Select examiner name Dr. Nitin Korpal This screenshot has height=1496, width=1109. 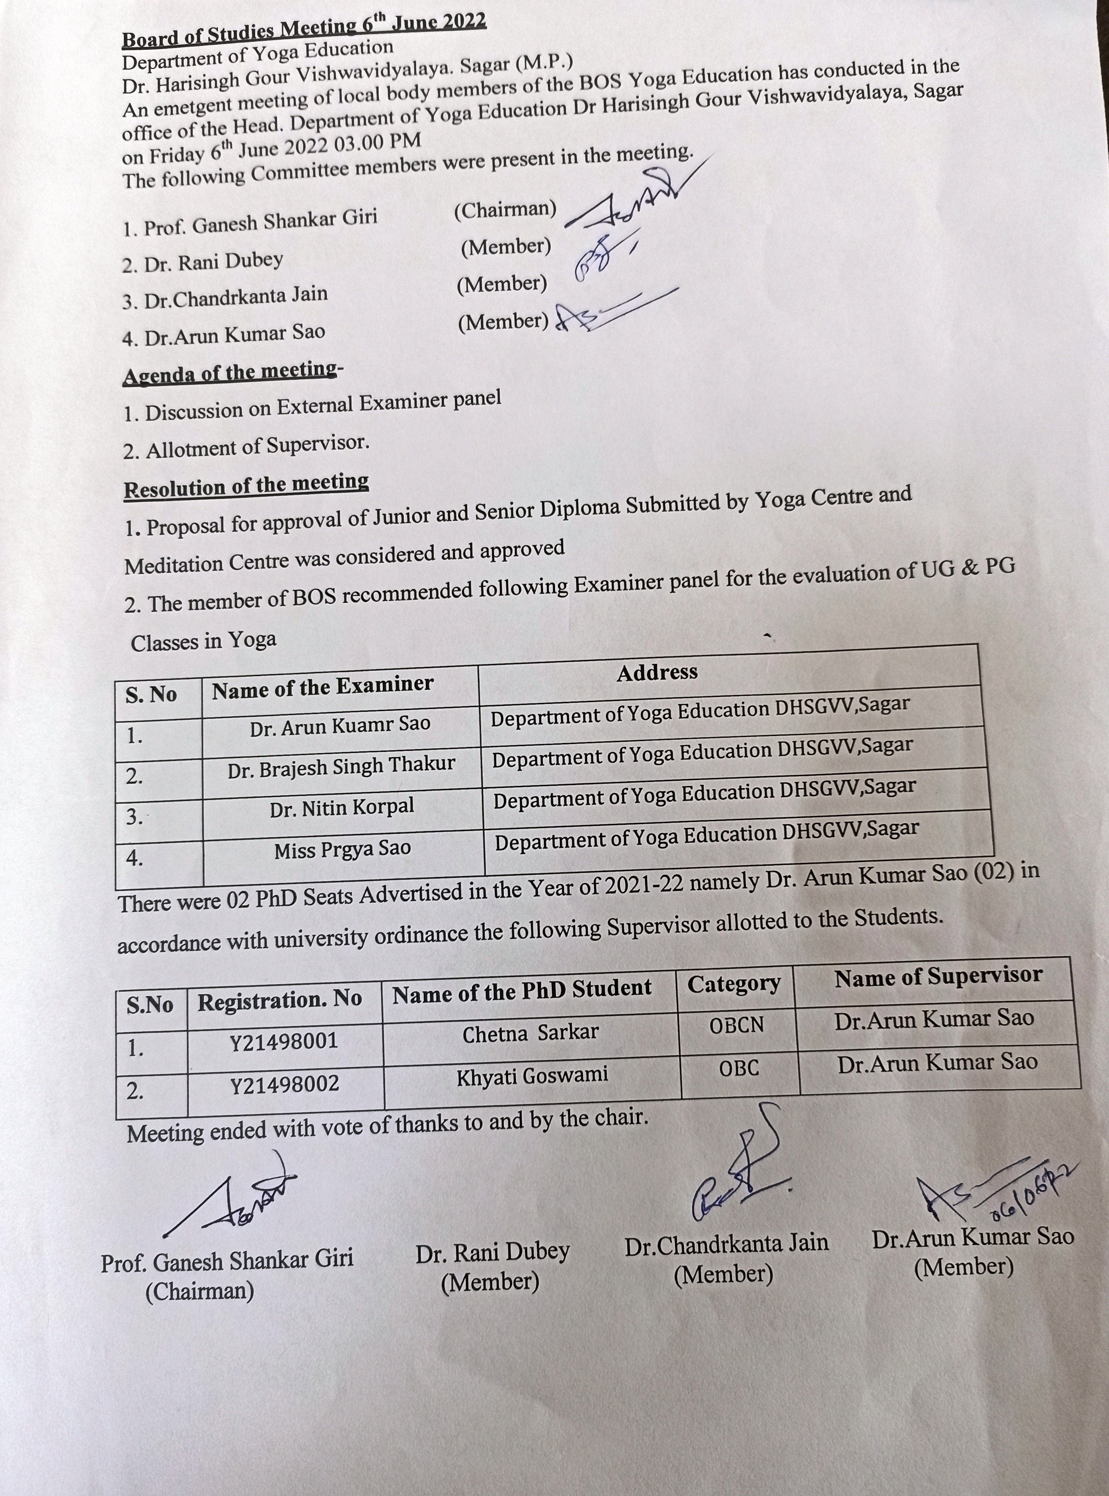(342, 808)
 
